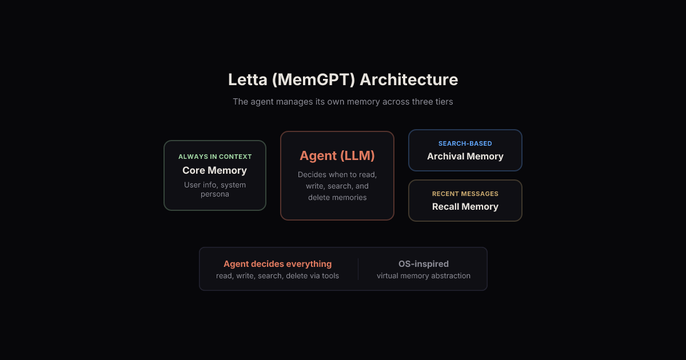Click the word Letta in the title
[247, 79]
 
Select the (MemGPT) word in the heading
[313, 79]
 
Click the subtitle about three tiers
[343, 102]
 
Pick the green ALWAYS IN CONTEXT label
[215, 157]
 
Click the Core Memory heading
[215, 170]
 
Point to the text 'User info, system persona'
[215, 189]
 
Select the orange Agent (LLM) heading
[337, 155]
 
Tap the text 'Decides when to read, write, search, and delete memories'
[337, 186]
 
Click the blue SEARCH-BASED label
[465, 143]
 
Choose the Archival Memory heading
[465, 157]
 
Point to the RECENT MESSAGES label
[465, 194]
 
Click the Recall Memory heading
[465, 207]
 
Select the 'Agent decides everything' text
[277, 264]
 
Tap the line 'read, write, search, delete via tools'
[277, 276]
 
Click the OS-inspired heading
[424, 264]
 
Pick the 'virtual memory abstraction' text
[424, 276]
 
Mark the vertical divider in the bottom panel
[358, 269]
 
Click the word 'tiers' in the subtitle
[443, 102]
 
